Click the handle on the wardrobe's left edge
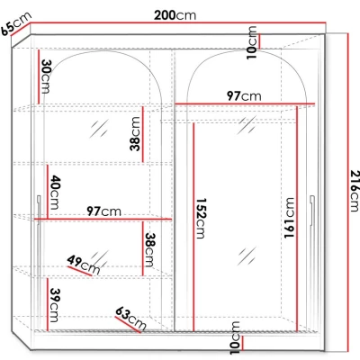[38, 206]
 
